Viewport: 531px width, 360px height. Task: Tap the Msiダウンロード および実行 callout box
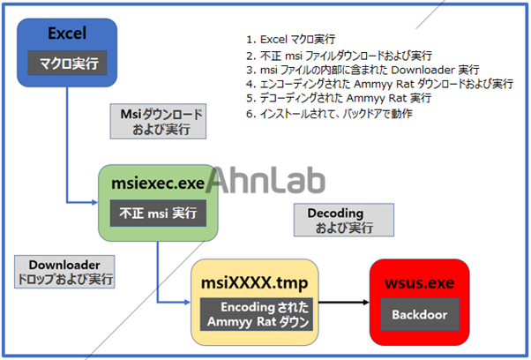click(x=161, y=122)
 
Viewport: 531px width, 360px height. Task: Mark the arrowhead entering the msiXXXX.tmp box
click(x=187, y=301)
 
